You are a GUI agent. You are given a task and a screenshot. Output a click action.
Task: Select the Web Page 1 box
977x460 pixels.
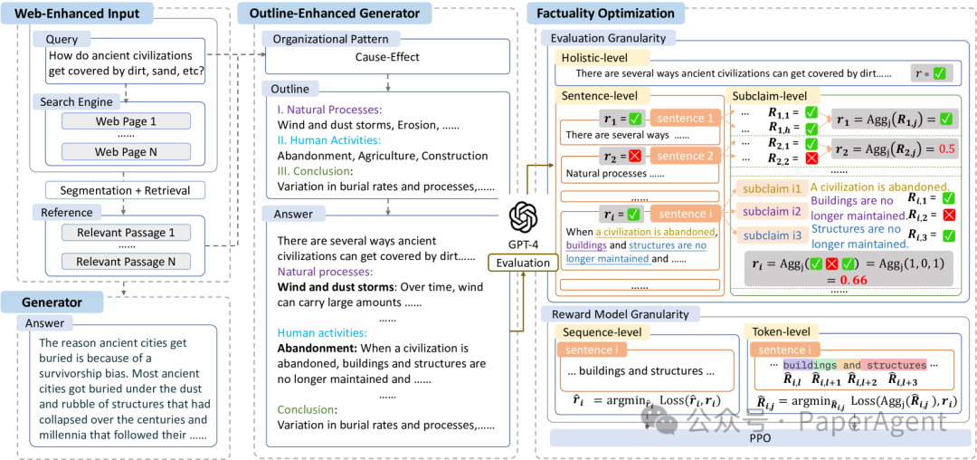click(x=125, y=121)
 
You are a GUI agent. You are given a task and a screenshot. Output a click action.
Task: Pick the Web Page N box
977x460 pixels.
click(x=125, y=151)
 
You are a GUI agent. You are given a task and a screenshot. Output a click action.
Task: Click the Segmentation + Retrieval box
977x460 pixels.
click(x=125, y=190)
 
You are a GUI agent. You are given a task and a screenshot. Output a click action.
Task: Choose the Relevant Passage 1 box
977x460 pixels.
click(x=125, y=233)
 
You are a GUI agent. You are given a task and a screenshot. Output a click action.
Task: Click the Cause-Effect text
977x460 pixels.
click(x=387, y=57)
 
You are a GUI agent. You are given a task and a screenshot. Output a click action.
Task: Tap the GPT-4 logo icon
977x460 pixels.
click(x=523, y=218)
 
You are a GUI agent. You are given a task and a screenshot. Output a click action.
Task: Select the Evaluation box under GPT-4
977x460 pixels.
click(x=523, y=263)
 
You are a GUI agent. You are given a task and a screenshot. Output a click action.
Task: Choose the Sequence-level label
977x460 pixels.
click(x=602, y=331)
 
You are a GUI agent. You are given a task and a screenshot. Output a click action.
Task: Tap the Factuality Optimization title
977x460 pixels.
click(x=605, y=13)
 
